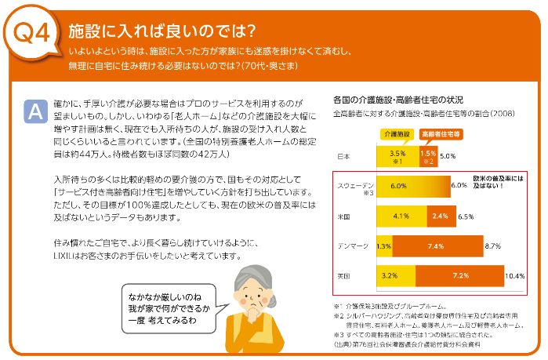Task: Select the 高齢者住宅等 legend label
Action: (439, 135)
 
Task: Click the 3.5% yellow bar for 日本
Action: (397, 156)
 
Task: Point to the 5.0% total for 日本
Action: (448, 156)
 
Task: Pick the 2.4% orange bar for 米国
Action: (440, 215)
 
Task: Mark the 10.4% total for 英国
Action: (515, 276)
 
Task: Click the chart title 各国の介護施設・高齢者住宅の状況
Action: (398, 100)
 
